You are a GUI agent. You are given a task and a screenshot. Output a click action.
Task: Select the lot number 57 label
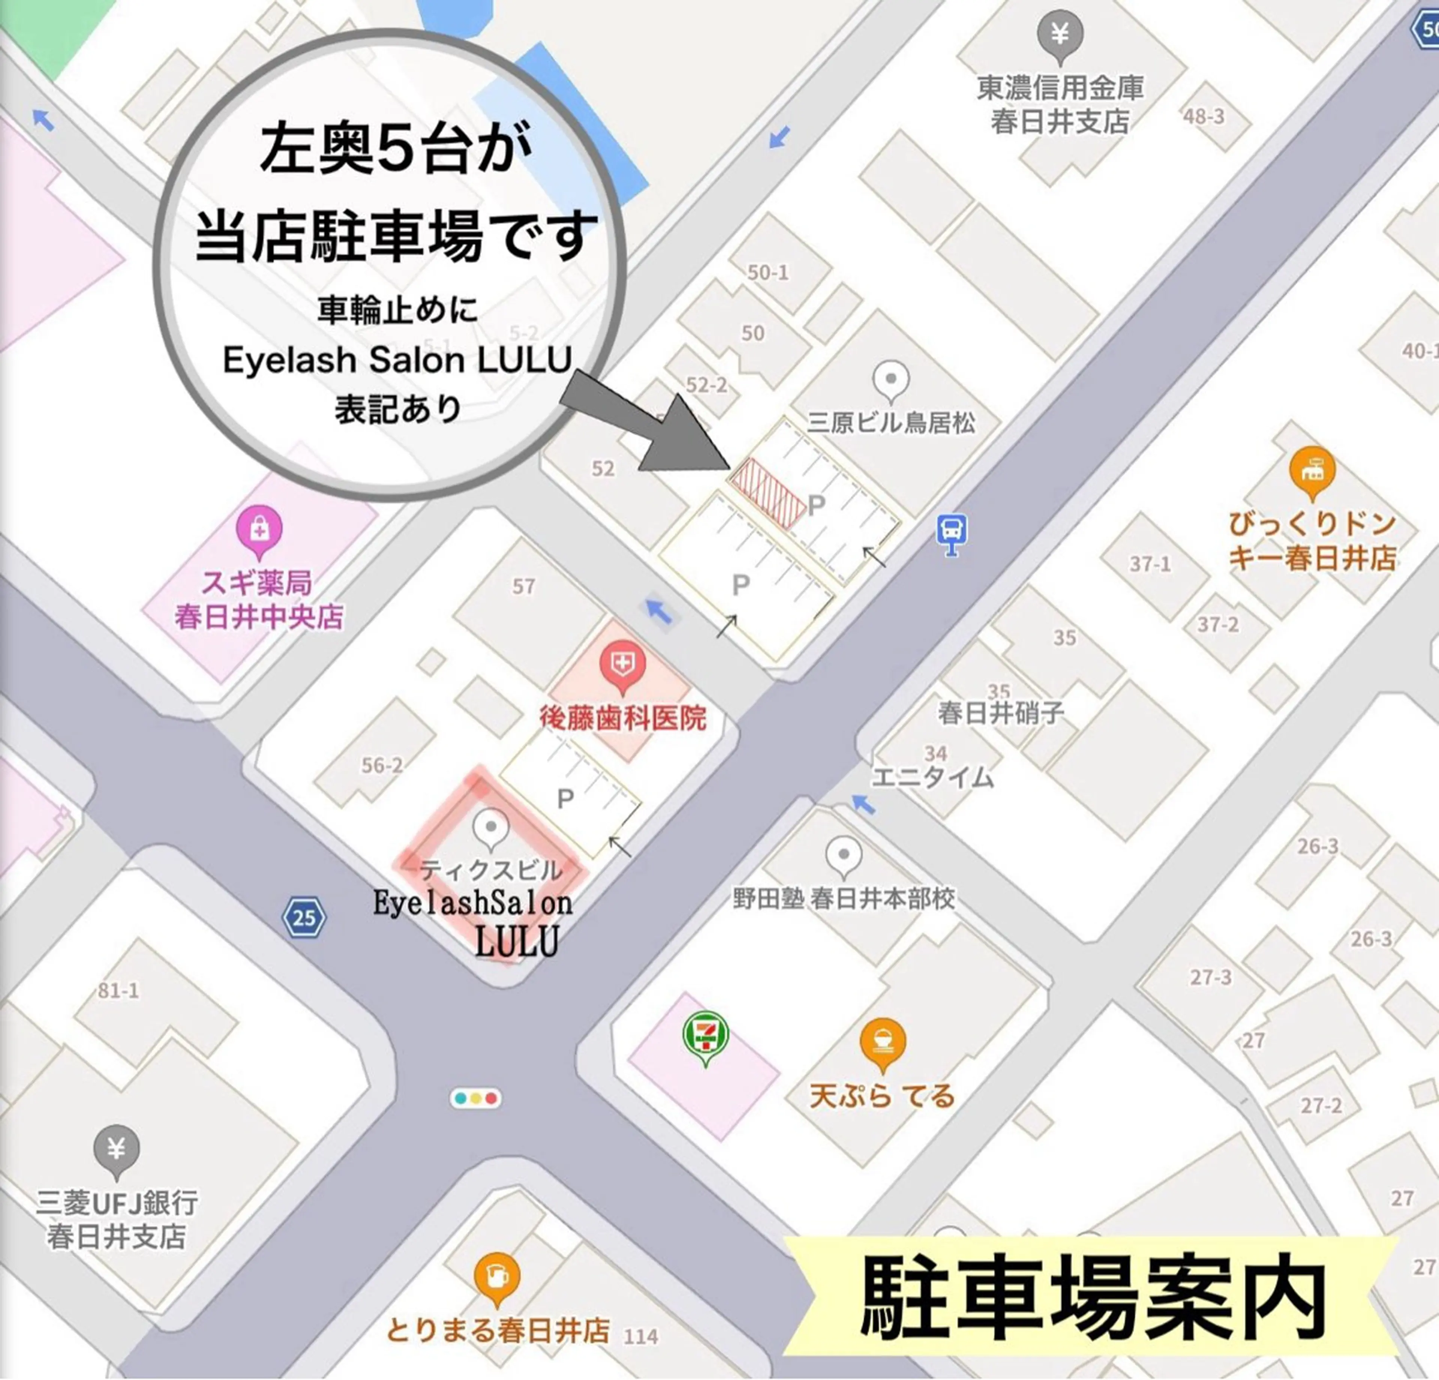pyautogui.click(x=524, y=586)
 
